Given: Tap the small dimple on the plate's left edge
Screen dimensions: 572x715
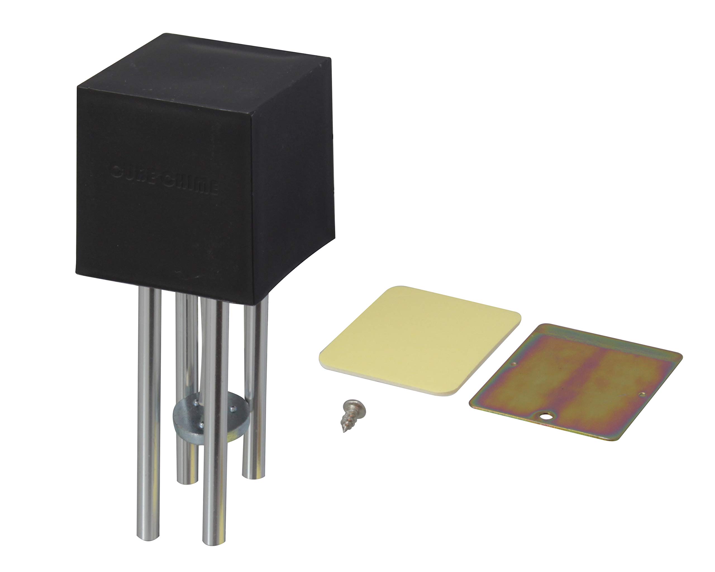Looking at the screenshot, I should point(514,364).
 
